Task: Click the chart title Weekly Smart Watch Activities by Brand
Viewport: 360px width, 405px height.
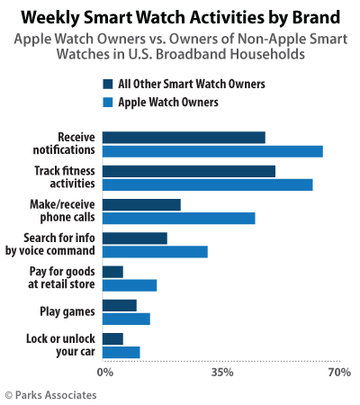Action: (x=179, y=16)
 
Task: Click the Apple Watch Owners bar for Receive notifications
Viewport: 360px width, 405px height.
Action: (x=211, y=151)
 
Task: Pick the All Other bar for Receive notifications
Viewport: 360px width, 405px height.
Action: (x=183, y=138)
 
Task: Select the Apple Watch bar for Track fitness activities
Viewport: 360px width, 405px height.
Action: (x=207, y=184)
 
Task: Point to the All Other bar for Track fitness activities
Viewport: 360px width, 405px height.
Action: (x=188, y=171)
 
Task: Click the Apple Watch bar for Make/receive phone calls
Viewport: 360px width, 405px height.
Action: (x=178, y=218)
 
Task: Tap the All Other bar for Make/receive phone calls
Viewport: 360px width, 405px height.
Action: (x=140, y=204)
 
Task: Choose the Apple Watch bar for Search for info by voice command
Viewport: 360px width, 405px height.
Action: (x=154, y=251)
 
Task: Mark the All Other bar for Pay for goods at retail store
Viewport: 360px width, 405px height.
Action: (x=112, y=271)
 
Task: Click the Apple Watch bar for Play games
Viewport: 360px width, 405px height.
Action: (x=125, y=319)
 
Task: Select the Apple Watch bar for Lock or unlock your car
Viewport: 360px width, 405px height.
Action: (x=121, y=352)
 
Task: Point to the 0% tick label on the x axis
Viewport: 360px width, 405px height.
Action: (x=105, y=372)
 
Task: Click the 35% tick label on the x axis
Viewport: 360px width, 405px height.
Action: (x=222, y=372)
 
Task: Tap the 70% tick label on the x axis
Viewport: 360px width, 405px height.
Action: (x=338, y=372)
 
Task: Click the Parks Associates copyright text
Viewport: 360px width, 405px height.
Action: (x=50, y=394)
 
